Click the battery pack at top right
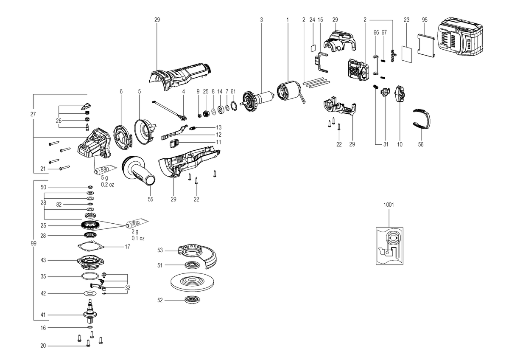460,39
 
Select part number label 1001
389,205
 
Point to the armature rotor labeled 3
258,101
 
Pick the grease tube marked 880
106,169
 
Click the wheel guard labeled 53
198,256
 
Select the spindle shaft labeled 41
90,311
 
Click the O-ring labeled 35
90,276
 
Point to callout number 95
425,20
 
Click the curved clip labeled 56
422,120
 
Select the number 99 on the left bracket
34,244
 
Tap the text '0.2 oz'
107,184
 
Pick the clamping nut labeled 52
193,300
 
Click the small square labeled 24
313,49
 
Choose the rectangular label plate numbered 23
406,53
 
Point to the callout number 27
33,114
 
